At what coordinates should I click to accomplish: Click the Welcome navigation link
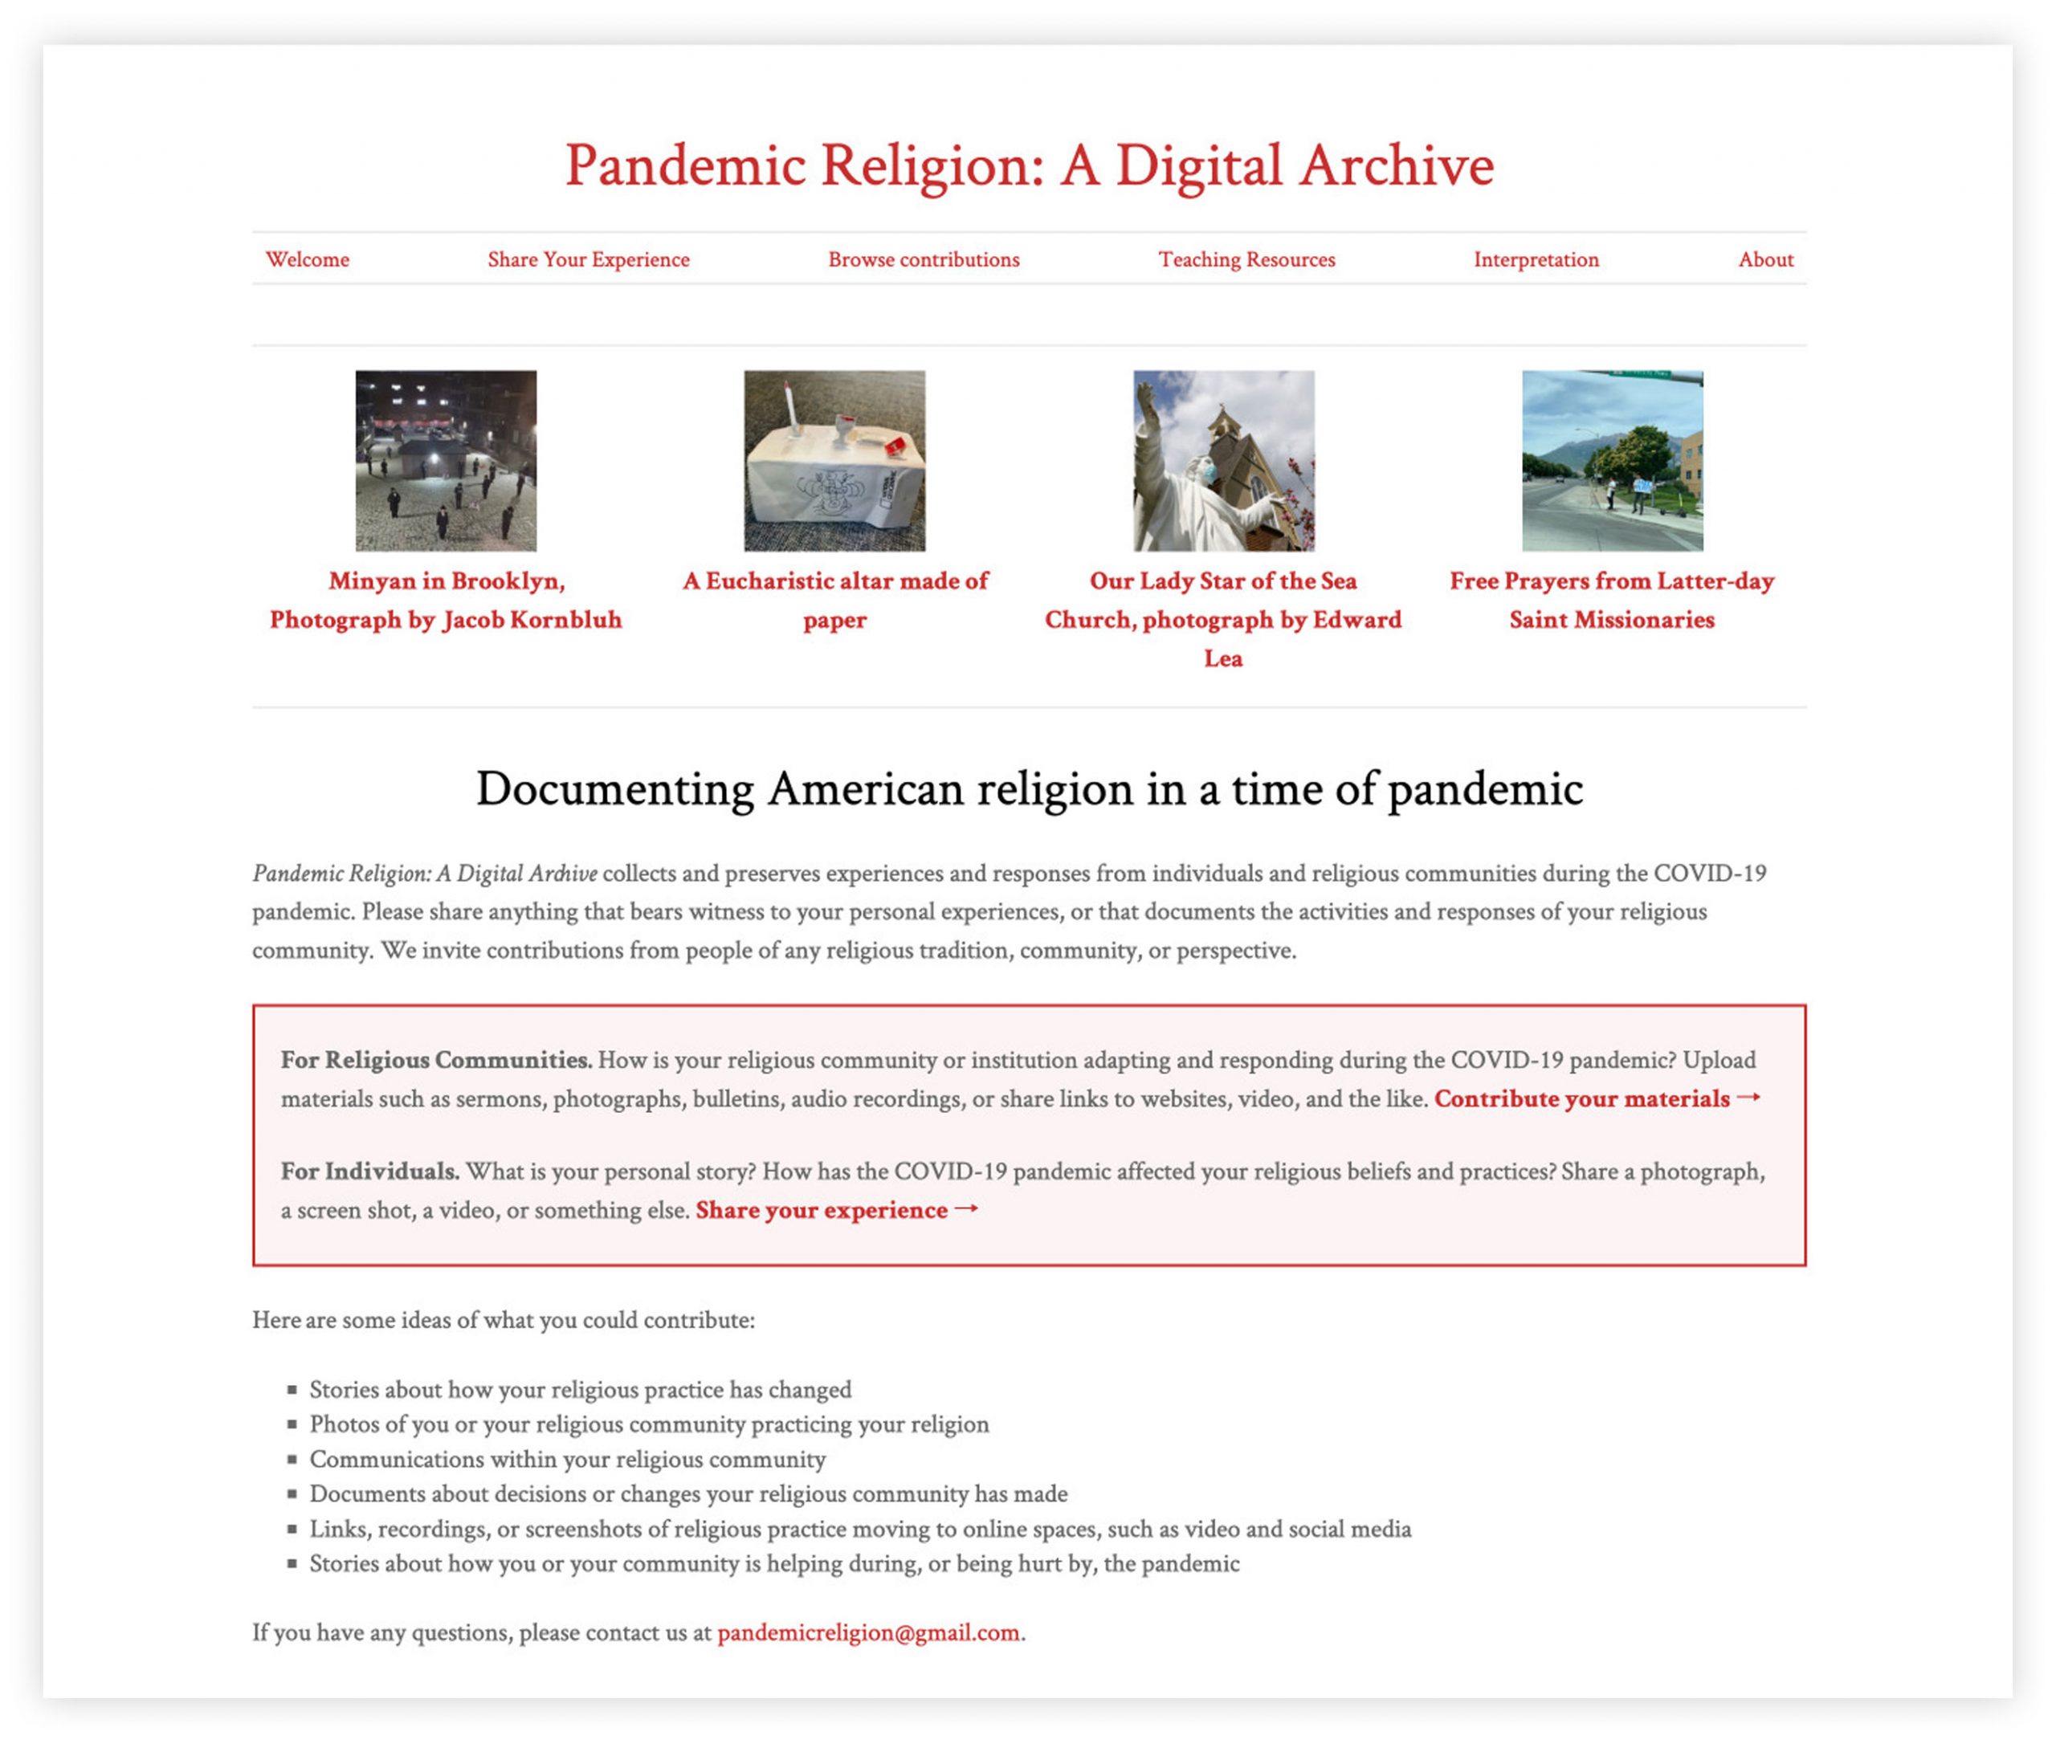[308, 260]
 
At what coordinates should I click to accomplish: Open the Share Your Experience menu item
[589, 260]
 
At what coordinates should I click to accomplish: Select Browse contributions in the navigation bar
[924, 260]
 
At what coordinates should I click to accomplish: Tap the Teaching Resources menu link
[1246, 260]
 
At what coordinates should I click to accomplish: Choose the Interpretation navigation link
[1536, 260]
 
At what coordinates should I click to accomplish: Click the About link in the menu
[1765, 260]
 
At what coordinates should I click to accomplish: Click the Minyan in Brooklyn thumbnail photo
[447, 462]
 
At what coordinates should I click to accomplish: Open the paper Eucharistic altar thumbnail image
[834, 462]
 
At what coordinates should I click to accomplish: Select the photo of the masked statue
[1223, 462]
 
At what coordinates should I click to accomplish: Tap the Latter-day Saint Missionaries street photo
[1613, 462]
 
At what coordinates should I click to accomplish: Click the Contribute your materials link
[1597, 1099]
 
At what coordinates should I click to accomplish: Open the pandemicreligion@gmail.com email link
[868, 1633]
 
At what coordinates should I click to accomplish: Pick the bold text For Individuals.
[370, 1171]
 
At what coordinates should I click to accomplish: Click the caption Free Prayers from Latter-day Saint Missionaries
[1611, 601]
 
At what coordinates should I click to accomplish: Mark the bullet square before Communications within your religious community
[292, 1460]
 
